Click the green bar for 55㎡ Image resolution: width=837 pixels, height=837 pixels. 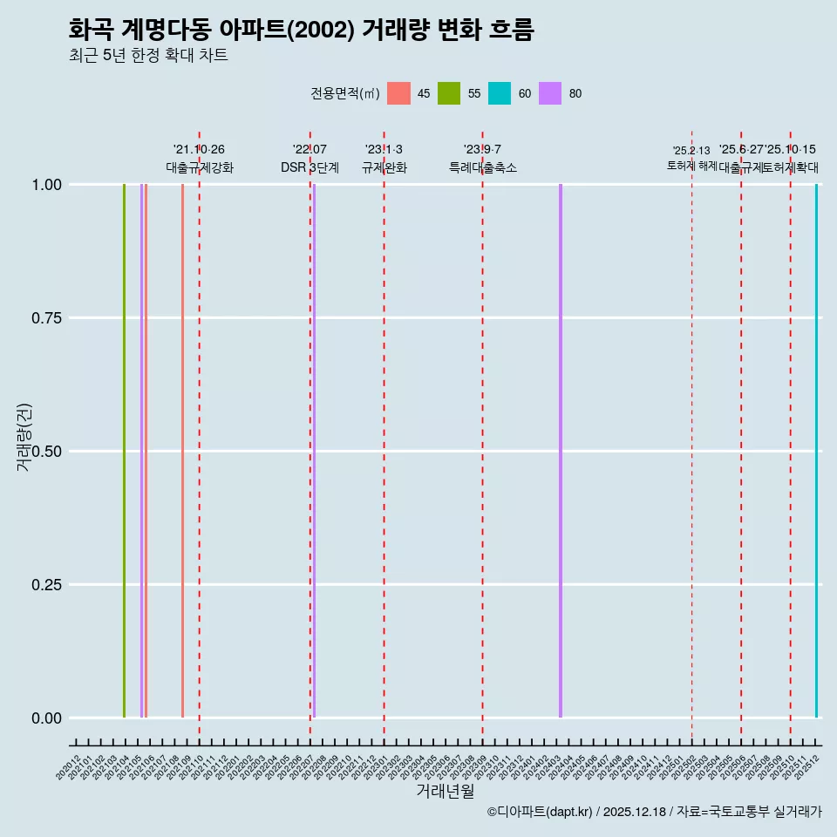point(125,451)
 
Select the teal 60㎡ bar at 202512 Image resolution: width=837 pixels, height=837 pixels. point(816,451)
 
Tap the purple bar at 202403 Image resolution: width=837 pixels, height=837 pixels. point(561,451)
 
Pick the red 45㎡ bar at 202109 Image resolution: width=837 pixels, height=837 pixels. point(182,451)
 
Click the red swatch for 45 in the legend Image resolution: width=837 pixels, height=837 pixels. point(398,93)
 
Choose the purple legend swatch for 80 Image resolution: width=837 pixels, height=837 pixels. point(550,93)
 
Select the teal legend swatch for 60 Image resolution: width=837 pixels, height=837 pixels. point(500,93)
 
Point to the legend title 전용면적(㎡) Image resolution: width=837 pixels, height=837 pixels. point(344,93)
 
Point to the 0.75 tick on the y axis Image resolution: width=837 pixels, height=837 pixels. point(45,318)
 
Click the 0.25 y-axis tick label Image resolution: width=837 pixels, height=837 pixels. point(45,585)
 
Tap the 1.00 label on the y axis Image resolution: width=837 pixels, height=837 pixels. point(45,185)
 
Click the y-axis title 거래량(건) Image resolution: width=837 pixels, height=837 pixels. point(24,437)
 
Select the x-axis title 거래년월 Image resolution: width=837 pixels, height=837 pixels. point(445,792)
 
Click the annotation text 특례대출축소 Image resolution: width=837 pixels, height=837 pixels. point(482,167)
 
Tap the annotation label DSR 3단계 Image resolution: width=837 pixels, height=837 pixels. point(310,167)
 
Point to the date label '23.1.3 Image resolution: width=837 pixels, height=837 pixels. point(384,150)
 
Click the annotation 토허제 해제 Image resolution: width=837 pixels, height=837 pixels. point(691,166)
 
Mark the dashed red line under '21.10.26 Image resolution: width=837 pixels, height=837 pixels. point(200,436)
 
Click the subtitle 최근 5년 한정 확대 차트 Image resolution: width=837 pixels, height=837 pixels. point(148,56)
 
